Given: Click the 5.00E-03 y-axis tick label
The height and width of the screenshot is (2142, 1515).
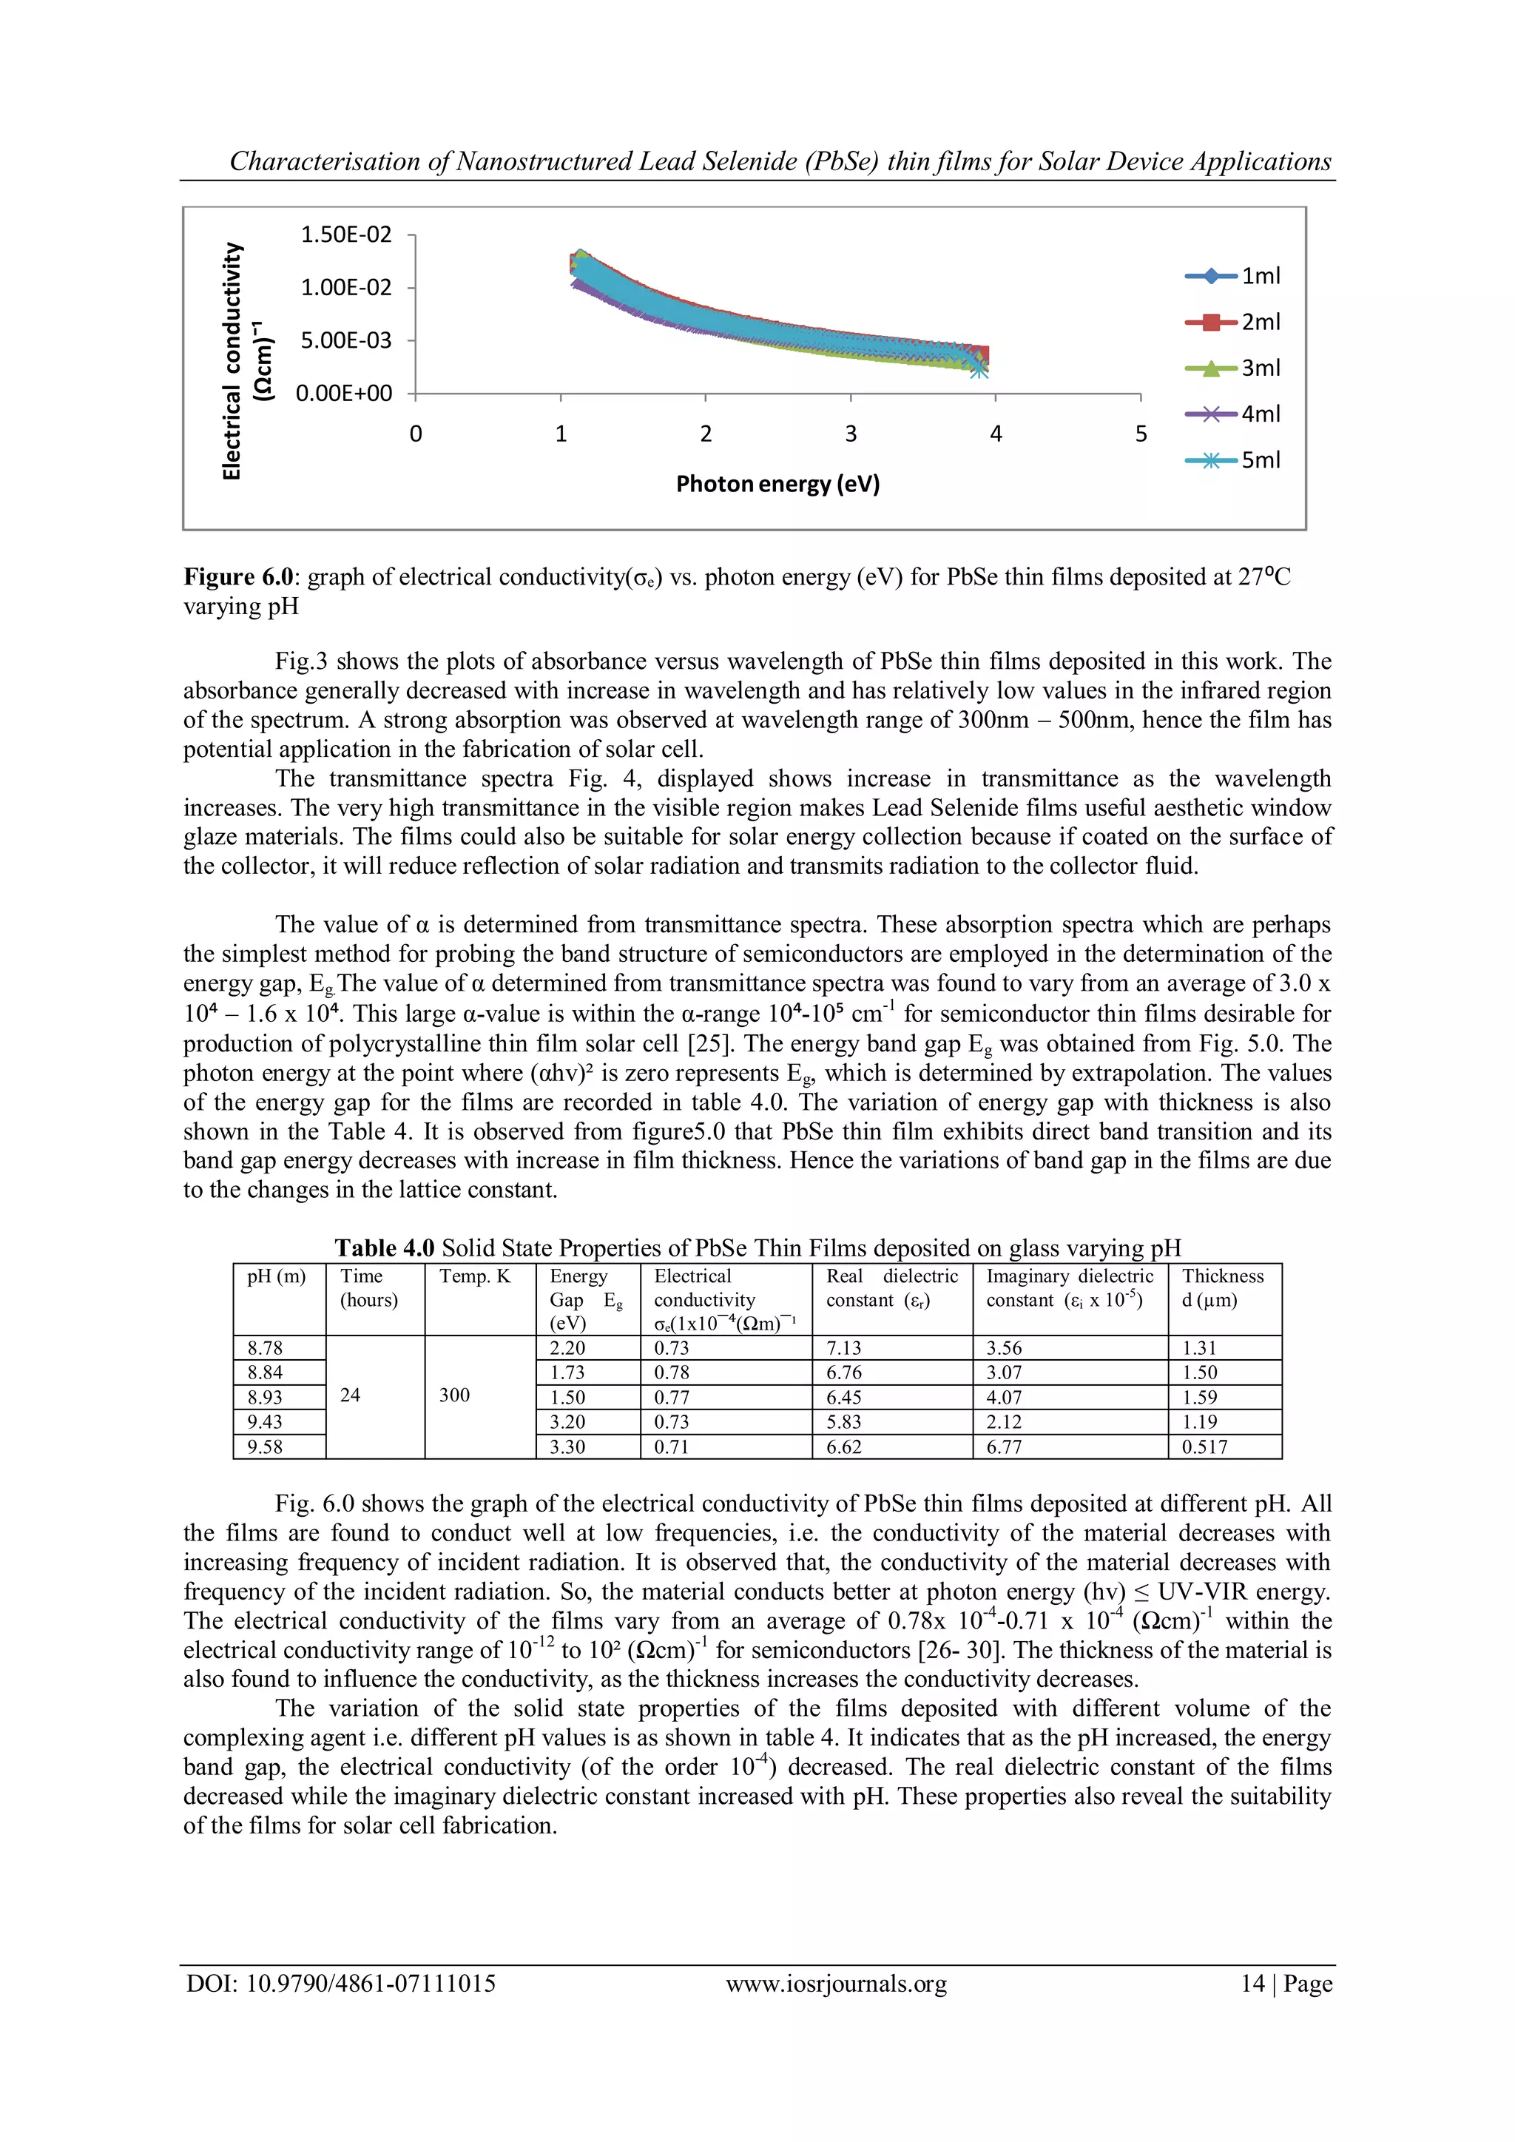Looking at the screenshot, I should coord(346,340).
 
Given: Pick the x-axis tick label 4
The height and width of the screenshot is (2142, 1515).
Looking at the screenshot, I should coord(996,434).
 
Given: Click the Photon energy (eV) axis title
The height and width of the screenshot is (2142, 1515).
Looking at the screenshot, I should coord(777,484).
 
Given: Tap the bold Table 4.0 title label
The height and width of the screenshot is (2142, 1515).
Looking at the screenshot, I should coord(385,1248).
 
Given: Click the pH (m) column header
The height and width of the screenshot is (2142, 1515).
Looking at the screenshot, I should coord(276,1276).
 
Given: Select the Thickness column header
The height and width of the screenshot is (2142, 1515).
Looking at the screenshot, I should coord(1222,1276).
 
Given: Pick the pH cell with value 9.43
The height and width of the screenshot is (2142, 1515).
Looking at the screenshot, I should coord(265,1422).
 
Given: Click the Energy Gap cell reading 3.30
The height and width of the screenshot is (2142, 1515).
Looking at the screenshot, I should coord(567,1447).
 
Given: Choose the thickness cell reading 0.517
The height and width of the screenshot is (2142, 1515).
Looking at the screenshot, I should coord(1204,1447).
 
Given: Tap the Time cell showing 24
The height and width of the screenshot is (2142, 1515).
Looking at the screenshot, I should coord(351,1395).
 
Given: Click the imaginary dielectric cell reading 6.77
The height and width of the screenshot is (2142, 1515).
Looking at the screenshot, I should coord(1004,1447).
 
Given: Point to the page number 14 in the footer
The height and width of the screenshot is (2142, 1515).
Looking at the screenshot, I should coord(1252,1984).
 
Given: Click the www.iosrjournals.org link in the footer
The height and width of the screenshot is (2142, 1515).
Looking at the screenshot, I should coord(836,1984).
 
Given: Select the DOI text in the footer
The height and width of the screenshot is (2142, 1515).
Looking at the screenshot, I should coord(340,1984).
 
